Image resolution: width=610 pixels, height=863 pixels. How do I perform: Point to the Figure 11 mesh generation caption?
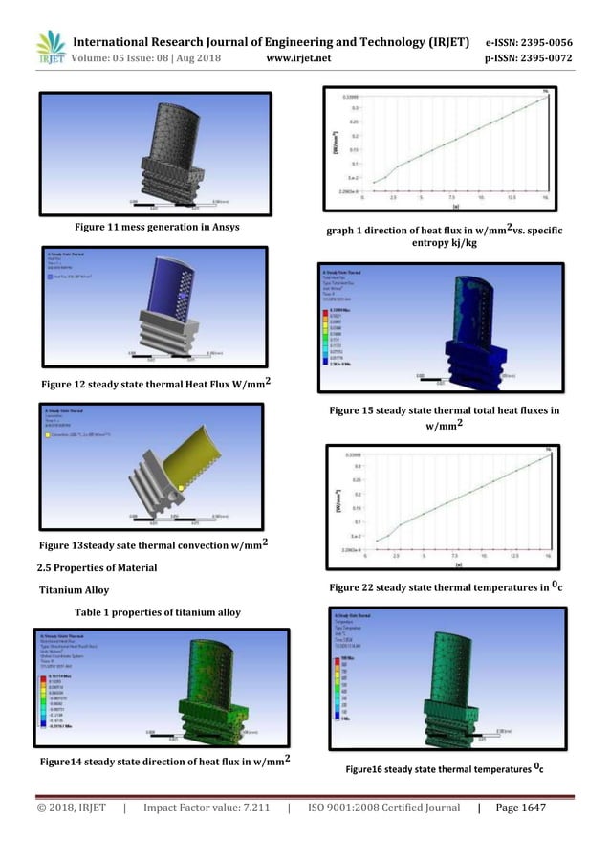(x=157, y=227)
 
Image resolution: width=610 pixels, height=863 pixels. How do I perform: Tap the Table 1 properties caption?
(x=161, y=612)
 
